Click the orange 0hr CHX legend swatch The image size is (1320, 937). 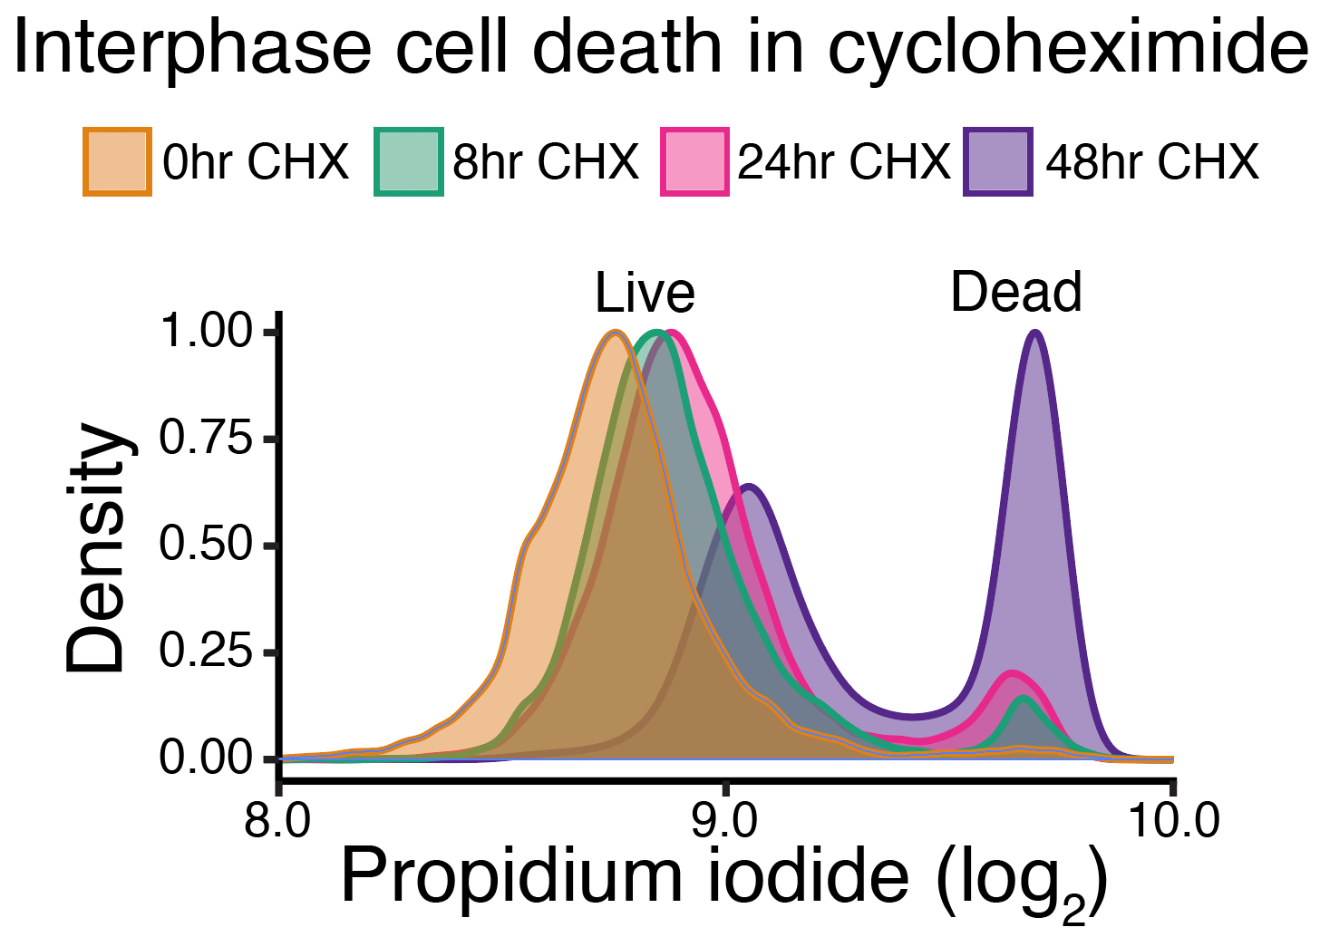[x=117, y=162]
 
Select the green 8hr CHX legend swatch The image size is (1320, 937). [x=408, y=162]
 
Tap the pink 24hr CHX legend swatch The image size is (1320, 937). [x=694, y=162]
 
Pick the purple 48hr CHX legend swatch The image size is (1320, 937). [x=997, y=162]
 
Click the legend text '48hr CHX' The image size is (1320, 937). [x=1151, y=162]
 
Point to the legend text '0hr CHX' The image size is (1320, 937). [x=256, y=162]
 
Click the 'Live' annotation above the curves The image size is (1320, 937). [x=645, y=293]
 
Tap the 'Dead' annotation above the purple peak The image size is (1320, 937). [x=1015, y=292]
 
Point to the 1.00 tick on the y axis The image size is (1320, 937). [x=205, y=332]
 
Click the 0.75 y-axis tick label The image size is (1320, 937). [x=205, y=439]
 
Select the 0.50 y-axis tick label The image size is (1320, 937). [x=205, y=546]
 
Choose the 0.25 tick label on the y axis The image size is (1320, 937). [x=205, y=652]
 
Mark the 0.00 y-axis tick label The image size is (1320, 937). [x=205, y=758]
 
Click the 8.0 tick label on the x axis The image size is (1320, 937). [x=278, y=821]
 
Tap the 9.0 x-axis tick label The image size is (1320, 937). [x=724, y=821]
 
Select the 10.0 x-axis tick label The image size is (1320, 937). [x=1173, y=821]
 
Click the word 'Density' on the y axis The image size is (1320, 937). [x=96, y=548]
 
